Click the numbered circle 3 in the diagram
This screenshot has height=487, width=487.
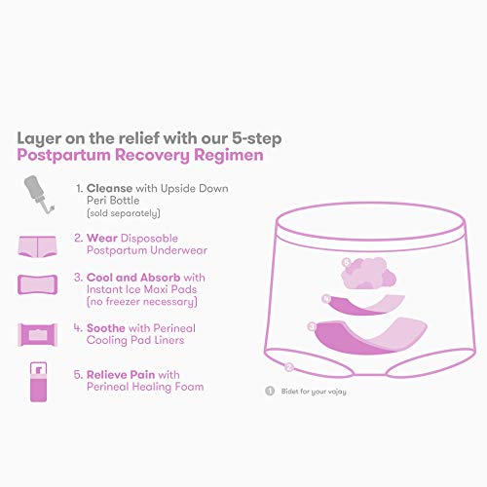click(312, 325)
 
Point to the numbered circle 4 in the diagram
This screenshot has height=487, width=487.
click(327, 298)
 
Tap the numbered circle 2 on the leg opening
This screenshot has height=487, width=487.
click(289, 367)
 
